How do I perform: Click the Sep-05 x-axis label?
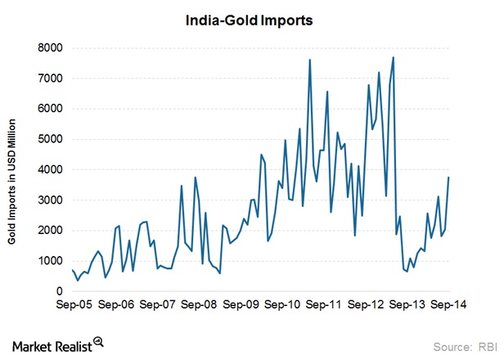[x=74, y=304]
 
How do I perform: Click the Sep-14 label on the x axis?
[x=450, y=304]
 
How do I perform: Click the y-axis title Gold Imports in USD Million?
[x=16, y=168]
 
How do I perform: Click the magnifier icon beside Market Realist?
[x=98, y=341]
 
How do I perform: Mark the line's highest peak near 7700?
[x=394, y=57]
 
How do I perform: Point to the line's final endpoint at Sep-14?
[x=449, y=178]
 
